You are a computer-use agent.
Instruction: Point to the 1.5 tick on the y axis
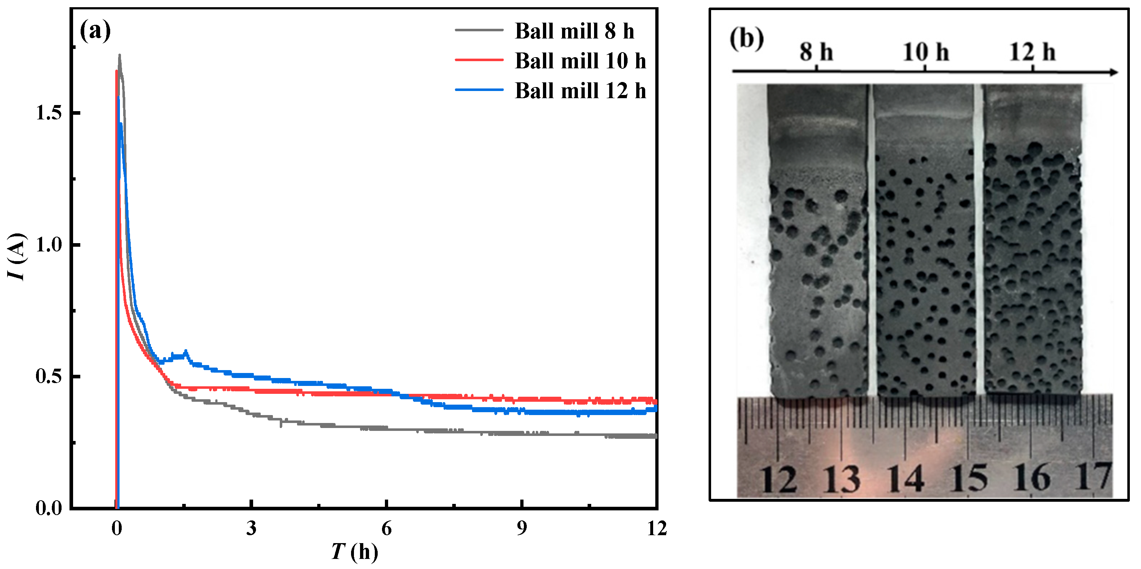click(x=49, y=113)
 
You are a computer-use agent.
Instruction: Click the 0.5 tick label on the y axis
click(x=49, y=376)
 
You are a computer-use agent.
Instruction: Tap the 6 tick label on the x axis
click(x=386, y=528)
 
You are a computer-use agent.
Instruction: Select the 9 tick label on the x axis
click(x=522, y=528)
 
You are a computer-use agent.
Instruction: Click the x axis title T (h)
click(x=354, y=552)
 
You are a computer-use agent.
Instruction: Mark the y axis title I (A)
click(x=17, y=256)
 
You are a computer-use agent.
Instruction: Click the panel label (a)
click(x=95, y=31)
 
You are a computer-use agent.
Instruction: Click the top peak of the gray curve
click(x=119, y=56)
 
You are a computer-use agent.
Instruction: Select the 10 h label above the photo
click(x=926, y=52)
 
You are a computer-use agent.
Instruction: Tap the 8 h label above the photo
click(x=816, y=52)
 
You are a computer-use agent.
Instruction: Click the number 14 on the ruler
click(x=906, y=479)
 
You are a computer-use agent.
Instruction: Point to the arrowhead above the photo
click(x=1113, y=72)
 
